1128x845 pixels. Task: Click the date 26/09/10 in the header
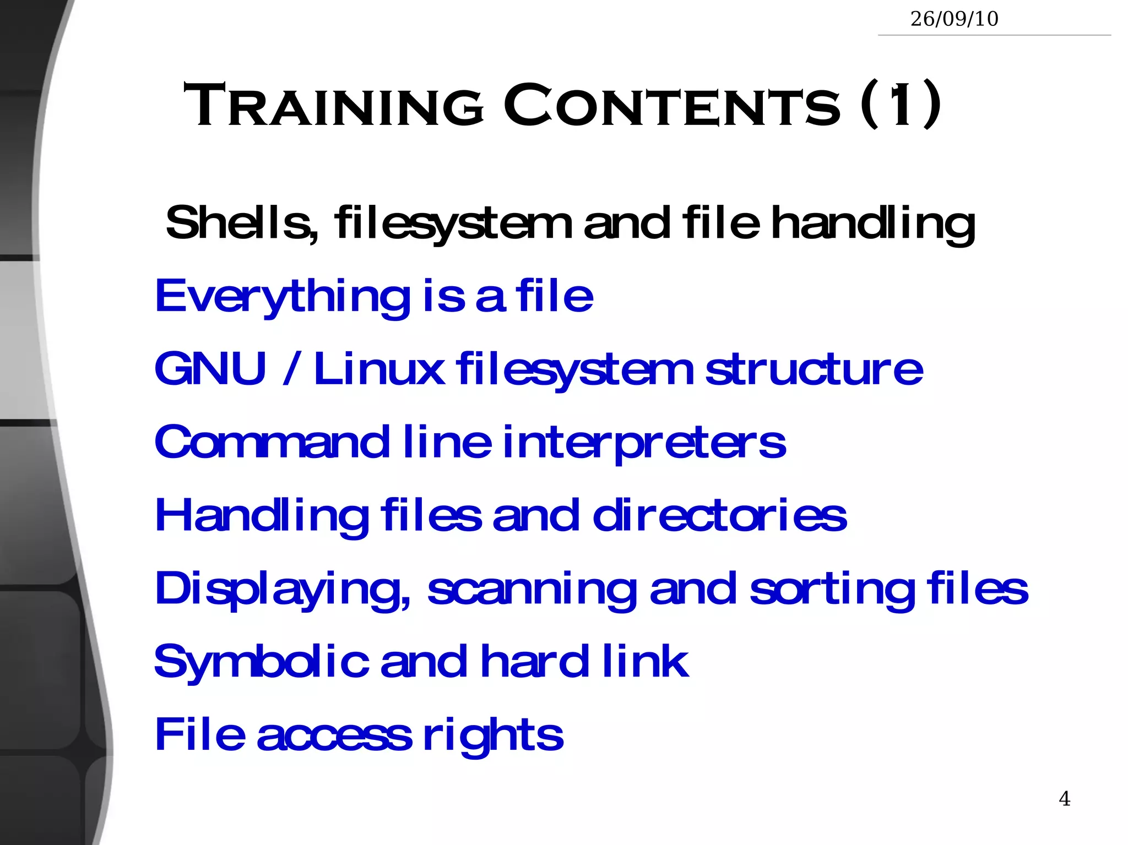click(x=954, y=19)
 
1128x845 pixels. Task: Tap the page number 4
click(x=1065, y=798)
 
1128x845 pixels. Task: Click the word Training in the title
click(x=334, y=105)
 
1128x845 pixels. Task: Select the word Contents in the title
click(x=673, y=105)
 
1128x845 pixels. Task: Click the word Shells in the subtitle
click(x=241, y=223)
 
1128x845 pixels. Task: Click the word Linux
click(x=379, y=369)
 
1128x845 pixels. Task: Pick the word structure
click(x=814, y=369)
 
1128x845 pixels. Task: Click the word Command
click(x=272, y=442)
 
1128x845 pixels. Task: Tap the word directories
click(x=719, y=516)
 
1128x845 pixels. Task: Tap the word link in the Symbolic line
click(x=645, y=661)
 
